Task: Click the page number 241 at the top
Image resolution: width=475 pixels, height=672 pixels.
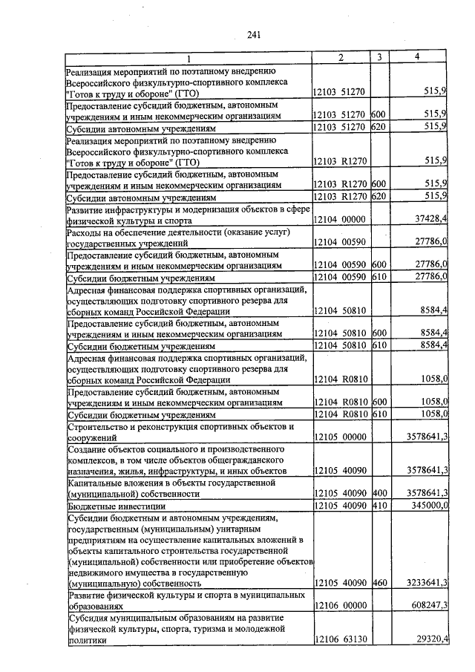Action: [255, 34]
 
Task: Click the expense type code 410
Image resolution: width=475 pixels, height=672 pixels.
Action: [379, 504]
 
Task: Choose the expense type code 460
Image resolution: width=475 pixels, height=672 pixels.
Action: [379, 584]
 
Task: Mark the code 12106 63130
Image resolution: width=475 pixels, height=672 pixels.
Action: [339, 639]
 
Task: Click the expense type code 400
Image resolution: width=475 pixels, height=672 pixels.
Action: [379, 492]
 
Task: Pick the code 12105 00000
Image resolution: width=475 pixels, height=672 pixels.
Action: [339, 437]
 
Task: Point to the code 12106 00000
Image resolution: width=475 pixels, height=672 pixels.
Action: [339, 605]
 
